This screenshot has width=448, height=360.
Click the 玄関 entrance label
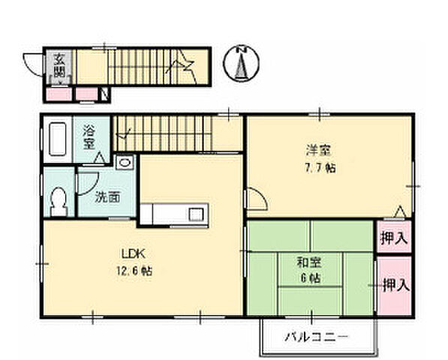[x=58, y=65]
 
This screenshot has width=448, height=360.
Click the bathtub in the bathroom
[x=59, y=139]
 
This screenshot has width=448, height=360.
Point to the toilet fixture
[x=59, y=199]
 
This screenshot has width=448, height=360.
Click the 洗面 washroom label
[x=107, y=198]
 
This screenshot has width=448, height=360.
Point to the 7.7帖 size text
[x=320, y=167]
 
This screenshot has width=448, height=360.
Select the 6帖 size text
[x=309, y=278]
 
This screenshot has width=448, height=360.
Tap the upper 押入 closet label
[x=394, y=238]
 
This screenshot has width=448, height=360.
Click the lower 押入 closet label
[x=395, y=285]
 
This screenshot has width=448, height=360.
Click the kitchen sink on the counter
[x=196, y=214]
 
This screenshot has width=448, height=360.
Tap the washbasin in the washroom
[x=125, y=160]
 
